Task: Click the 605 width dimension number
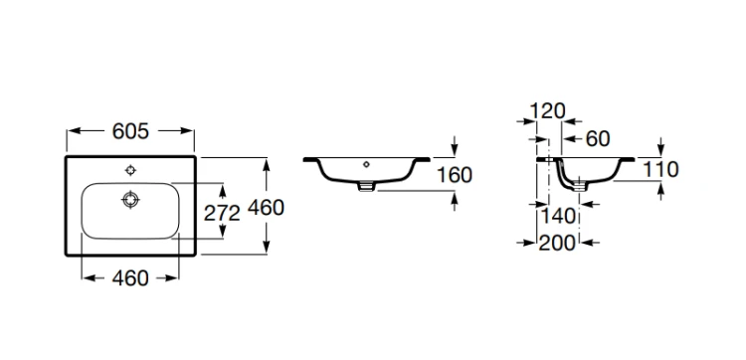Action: click(x=130, y=131)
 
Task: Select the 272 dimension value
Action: click(x=222, y=214)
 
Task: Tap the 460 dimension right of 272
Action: click(x=267, y=207)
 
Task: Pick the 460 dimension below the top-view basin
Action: click(x=130, y=278)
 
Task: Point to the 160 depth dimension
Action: click(x=455, y=175)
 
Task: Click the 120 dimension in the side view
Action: click(x=547, y=111)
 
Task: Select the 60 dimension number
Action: click(x=598, y=139)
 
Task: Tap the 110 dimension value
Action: click(x=660, y=169)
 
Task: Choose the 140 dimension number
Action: click(x=558, y=217)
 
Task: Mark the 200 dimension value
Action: click(x=557, y=243)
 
